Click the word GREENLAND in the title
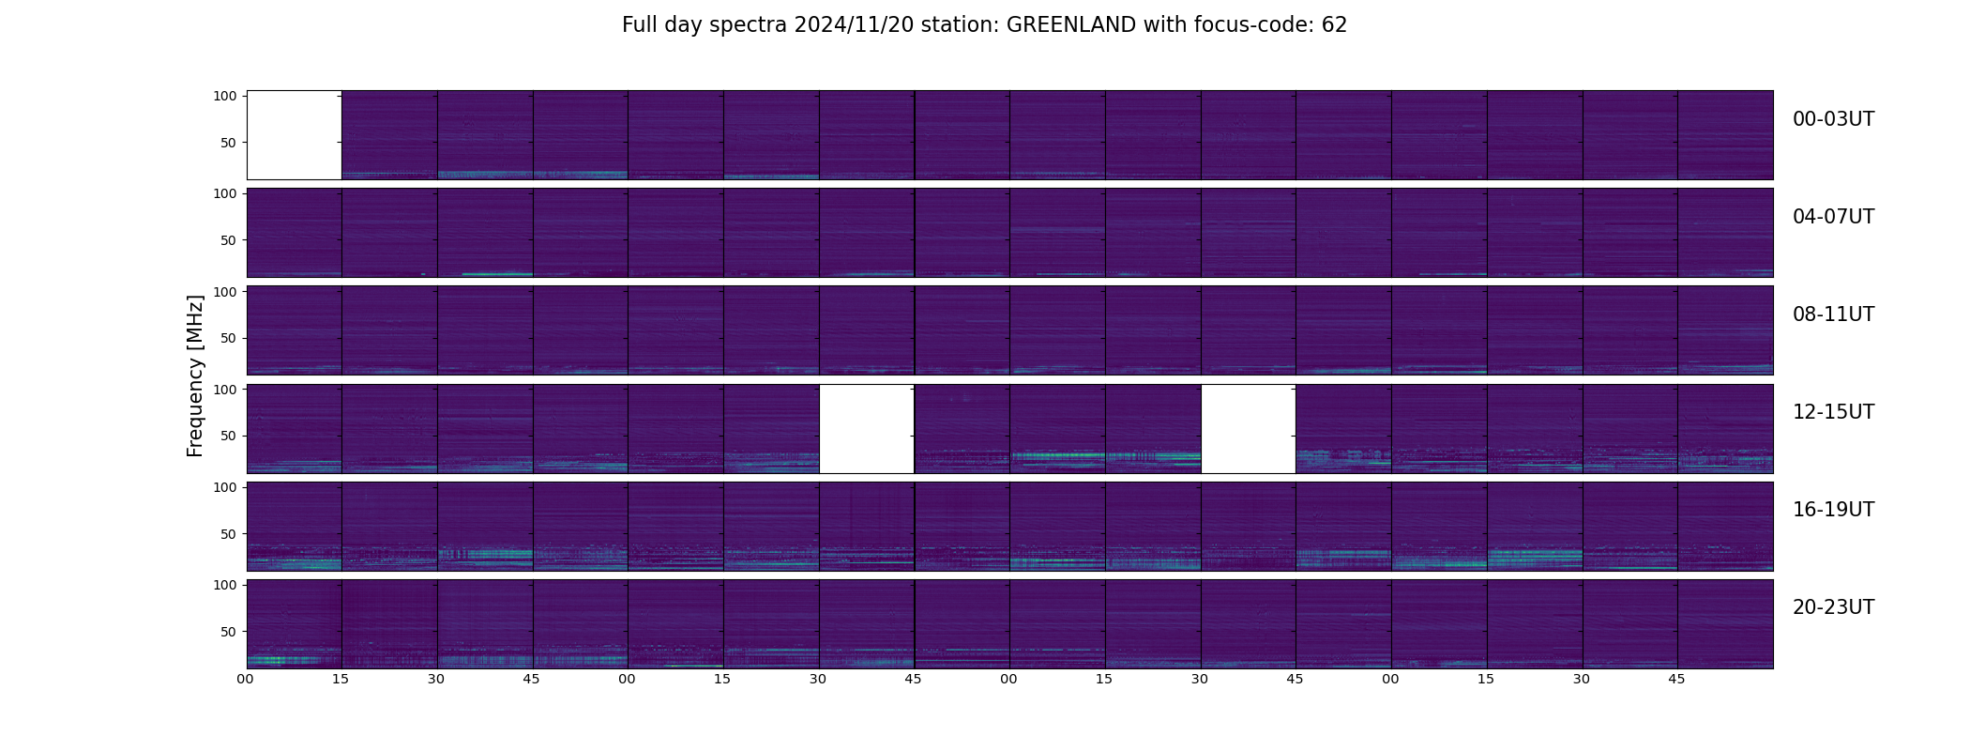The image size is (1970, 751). [1070, 25]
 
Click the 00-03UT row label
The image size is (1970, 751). [1833, 119]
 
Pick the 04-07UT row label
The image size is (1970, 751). [1833, 217]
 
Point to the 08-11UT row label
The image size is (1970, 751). [1833, 314]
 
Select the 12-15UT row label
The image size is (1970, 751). [1833, 412]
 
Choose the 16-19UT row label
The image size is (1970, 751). [1833, 510]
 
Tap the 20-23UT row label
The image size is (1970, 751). [1833, 607]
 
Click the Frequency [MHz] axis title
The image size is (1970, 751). [195, 375]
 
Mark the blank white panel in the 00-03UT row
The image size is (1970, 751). [294, 135]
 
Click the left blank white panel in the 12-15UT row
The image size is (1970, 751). [867, 429]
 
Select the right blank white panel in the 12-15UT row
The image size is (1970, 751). [1249, 429]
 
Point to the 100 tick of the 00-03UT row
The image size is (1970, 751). [225, 96]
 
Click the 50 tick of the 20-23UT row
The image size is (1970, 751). [229, 632]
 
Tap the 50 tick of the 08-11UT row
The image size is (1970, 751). [229, 338]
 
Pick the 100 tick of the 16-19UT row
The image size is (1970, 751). [225, 487]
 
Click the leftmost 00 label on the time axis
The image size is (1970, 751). [246, 679]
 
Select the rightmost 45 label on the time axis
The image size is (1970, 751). [1676, 679]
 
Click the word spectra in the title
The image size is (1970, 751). [749, 26]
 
